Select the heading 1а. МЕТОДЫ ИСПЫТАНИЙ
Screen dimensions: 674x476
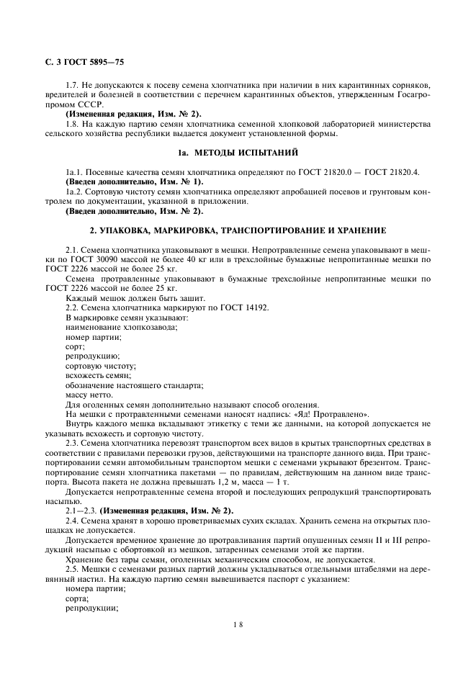click(x=238, y=153)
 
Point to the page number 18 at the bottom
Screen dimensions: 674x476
click(x=238, y=624)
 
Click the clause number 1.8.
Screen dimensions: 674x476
click(x=73, y=124)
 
